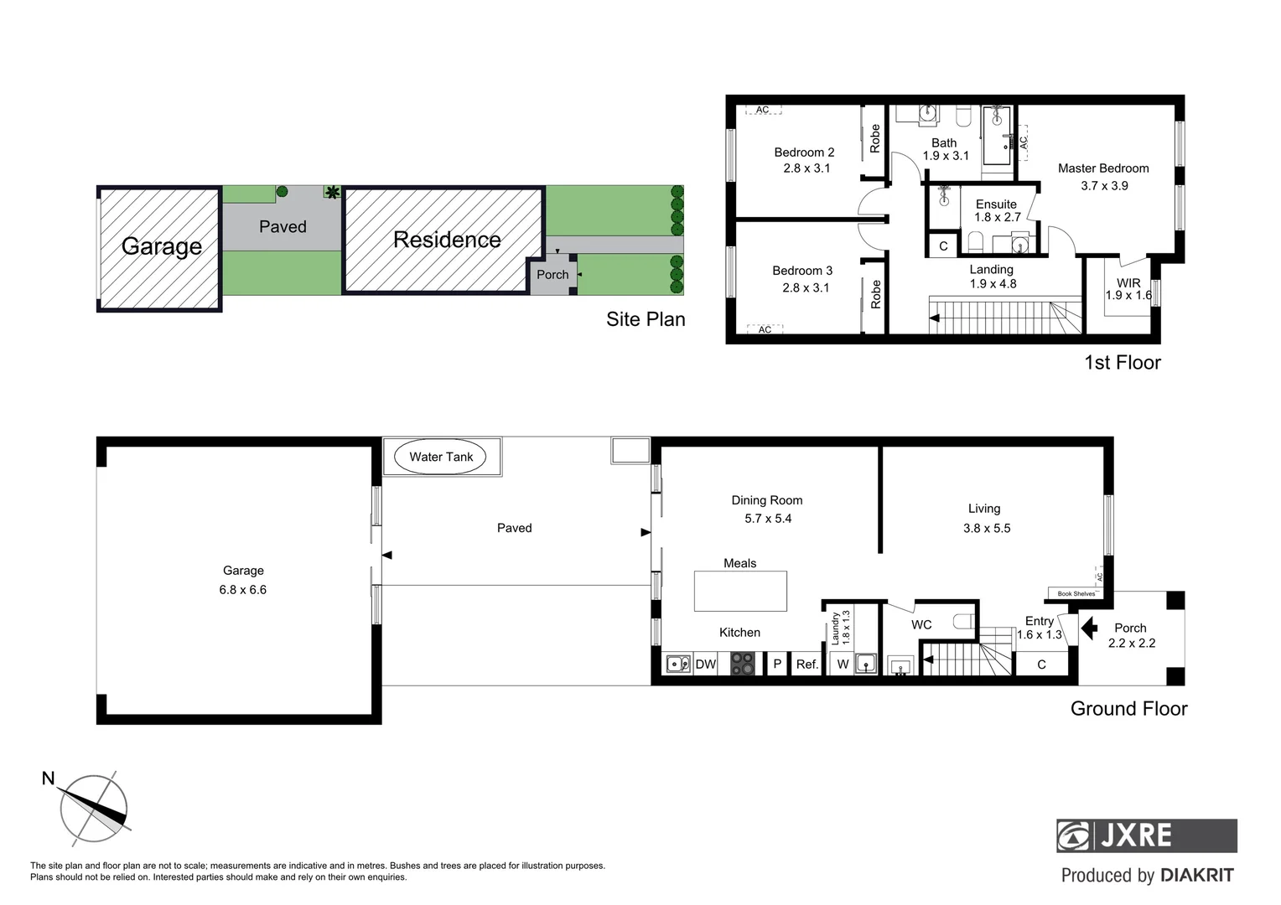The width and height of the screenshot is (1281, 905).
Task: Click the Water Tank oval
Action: [441, 457]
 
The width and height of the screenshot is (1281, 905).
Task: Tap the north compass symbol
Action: [93, 809]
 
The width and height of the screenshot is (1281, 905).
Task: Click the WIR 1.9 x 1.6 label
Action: [1128, 289]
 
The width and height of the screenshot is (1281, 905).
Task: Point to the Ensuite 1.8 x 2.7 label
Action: [996, 210]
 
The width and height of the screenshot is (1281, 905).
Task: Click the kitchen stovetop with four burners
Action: [742, 664]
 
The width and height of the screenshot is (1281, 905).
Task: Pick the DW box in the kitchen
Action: [706, 664]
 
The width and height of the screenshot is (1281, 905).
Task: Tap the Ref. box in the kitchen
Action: [806, 664]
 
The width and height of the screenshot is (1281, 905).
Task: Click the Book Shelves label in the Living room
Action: [1076, 593]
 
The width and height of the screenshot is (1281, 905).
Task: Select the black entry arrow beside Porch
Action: [1088, 628]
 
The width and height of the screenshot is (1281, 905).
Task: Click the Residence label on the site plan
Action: [447, 240]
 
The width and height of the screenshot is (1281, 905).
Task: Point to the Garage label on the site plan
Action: [161, 246]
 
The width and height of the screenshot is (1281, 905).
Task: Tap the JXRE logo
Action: [1145, 835]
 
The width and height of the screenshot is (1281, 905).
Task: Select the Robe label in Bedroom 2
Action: [874, 138]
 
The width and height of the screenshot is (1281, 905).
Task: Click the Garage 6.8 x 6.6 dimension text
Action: [242, 589]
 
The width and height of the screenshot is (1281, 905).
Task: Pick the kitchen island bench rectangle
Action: [740, 591]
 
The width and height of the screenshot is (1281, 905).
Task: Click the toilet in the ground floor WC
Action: [964, 622]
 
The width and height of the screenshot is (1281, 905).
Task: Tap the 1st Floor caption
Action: [1122, 363]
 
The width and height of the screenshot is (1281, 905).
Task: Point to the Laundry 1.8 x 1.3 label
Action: [840, 627]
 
